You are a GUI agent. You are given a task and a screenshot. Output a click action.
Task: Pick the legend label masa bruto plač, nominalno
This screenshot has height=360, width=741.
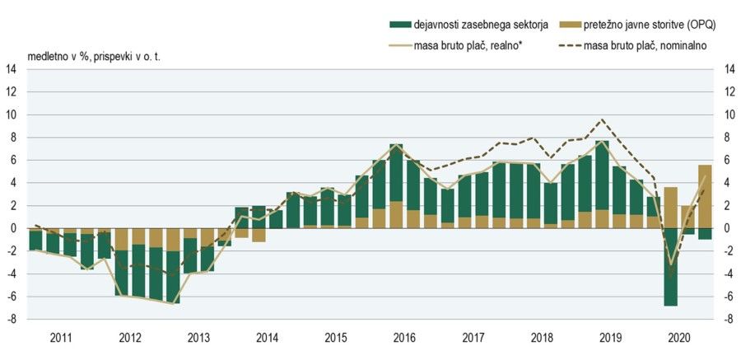[x=645, y=45]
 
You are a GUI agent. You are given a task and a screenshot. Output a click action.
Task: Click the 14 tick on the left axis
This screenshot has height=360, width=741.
[x=12, y=69]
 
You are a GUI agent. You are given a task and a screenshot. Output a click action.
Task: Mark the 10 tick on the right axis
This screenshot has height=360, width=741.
[x=729, y=115]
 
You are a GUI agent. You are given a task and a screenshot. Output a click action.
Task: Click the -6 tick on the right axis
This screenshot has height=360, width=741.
[x=729, y=297]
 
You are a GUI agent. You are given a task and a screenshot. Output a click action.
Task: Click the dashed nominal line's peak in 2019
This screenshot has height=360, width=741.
[x=602, y=120]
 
